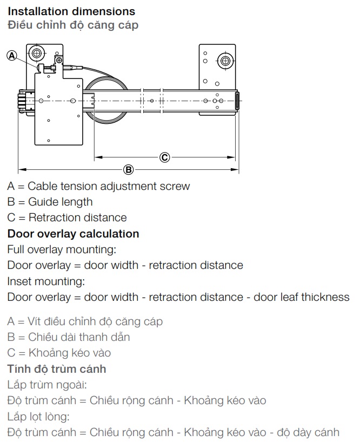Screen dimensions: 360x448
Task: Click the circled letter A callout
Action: point(12,55)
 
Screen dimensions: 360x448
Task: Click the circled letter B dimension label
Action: point(129,169)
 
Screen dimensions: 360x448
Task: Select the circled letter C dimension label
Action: point(164,157)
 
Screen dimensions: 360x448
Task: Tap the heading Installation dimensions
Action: point(71,11)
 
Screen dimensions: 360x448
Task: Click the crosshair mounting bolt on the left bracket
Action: point(37,53)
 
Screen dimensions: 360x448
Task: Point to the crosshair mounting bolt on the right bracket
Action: point(225,61)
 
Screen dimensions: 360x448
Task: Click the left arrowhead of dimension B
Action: point(22,169)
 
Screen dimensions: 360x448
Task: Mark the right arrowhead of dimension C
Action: point(231,157)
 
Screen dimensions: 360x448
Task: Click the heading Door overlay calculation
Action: point(74,234)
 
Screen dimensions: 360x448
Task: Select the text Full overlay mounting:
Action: point(62,249)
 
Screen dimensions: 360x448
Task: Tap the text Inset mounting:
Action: point(46,281)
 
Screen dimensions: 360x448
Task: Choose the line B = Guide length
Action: point(50,202)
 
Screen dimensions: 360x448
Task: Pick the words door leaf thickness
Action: point(302,297)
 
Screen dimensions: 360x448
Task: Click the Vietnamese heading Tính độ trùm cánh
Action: point(57,369)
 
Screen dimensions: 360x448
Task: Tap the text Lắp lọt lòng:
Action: point(38,417)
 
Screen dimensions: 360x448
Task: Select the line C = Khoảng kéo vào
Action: point(59,353)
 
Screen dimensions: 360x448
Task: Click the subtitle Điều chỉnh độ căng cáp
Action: point(73,25)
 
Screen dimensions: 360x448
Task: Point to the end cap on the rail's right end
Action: point(237,101)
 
